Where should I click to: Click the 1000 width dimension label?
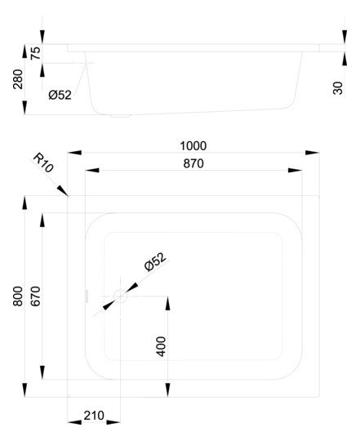[x=193, y=146]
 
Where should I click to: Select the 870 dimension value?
[x=193, y=163]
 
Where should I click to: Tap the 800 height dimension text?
[x=18, y=296]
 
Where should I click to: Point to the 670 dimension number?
[x=36, y=296]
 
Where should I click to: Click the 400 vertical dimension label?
[x=161, y=346]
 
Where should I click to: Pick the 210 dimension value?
[x=94, y=416]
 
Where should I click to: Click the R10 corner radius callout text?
[x=43, y=163]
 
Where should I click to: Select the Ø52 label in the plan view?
[x=155, y=262]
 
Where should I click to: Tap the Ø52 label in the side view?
[x=60, y=95]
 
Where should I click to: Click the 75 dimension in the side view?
[x=36, y=53]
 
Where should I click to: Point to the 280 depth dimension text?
[x=18, y=79]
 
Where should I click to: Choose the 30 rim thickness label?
[x=338, y=88]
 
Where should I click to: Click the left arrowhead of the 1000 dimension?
[x=74, y=153]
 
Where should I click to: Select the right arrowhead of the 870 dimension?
[x=295, y=170]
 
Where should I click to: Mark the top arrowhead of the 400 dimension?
[x=168, y=303]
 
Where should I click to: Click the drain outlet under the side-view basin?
[x=121, y=116]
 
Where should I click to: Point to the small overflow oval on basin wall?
[x=87, y=296]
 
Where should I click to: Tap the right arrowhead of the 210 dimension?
[x=113, y=422]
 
